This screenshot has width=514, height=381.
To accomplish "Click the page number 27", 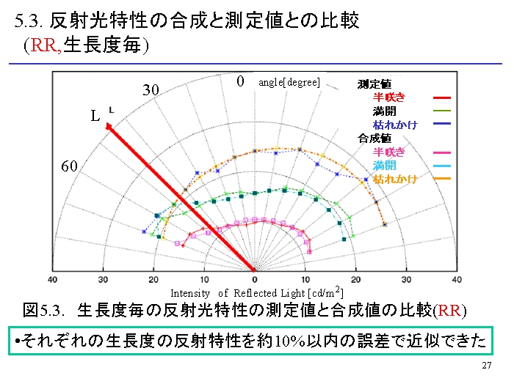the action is (486, 366).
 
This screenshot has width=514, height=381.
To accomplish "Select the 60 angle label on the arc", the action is (69, 166).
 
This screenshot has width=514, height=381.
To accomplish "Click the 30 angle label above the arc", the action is (151, 90).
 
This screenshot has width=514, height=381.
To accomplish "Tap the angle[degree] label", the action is (289, 82).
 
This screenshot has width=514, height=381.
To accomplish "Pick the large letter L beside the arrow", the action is (95, 116).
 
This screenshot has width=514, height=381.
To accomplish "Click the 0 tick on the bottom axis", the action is (255, 280).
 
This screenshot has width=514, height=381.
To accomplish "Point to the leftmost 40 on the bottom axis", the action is (52, 280).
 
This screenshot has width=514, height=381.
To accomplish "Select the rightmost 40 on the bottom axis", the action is (457, 280).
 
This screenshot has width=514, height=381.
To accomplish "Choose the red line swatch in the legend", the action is (442, 97).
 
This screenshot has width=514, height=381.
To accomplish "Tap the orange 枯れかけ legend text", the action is (395, 179).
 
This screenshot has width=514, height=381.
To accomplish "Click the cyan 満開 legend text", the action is (384, 166).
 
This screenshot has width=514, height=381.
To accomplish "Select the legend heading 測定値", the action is (374, 84).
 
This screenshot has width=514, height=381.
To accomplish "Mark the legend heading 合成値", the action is (374, 138).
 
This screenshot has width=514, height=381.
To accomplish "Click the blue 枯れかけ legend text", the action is (395, 125).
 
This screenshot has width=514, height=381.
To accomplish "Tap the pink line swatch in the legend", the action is (442, 152).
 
